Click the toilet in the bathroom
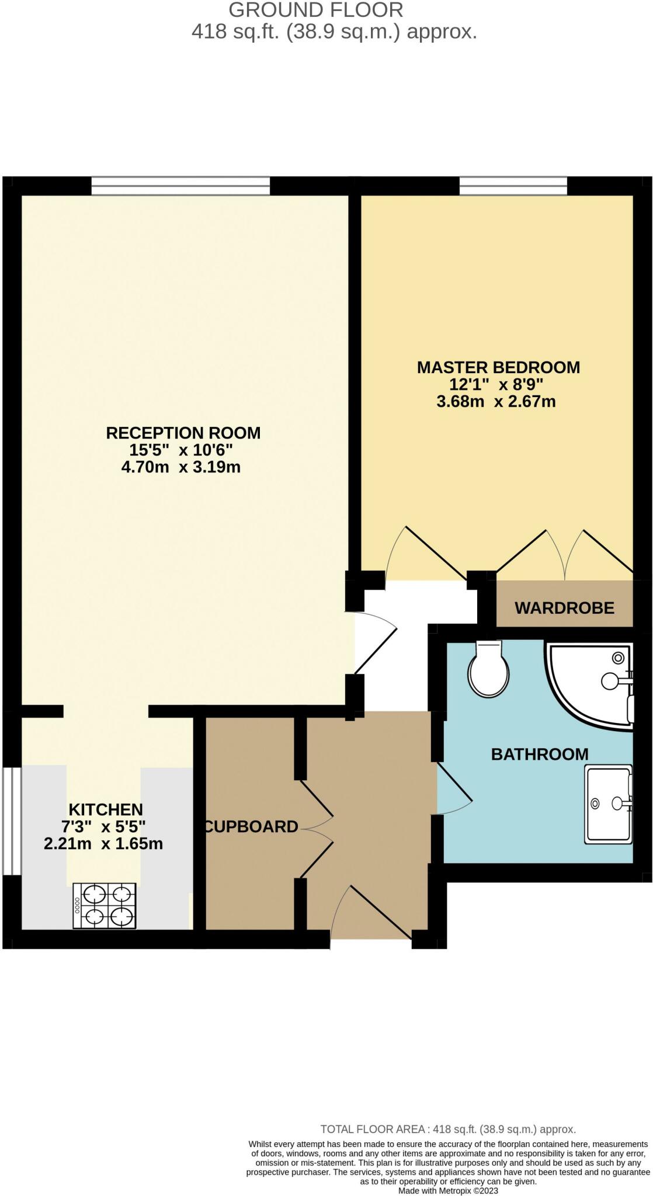click(488, 671)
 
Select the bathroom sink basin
click(608, 805)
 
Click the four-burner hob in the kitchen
click(105, 905)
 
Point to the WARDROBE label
click(564, 608)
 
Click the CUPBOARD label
click(252, 827)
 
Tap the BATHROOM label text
click(539, 755)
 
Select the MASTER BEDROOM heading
click(498, 367)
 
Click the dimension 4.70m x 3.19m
click(181, 467)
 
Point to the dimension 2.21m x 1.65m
click(103, 844)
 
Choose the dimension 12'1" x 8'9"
click(496, 384)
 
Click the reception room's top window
click(180, 186)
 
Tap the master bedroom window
click(513, 186)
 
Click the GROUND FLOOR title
click(315, 10)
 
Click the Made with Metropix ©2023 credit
click(448, 1191)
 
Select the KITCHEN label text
click(106, 809)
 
